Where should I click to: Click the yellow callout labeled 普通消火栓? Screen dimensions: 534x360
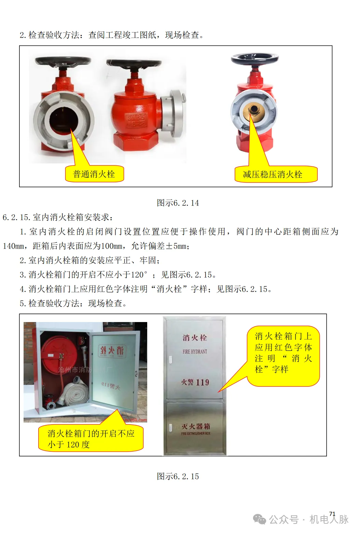[94, 174]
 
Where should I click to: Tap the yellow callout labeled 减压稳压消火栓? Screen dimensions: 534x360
[276, 174]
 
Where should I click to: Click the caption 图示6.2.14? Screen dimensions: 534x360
[178, 203]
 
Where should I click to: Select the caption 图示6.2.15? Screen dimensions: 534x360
[178, 476]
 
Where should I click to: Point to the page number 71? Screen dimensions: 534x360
[332, 514]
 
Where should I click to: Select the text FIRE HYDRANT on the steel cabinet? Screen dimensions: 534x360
[195, 351]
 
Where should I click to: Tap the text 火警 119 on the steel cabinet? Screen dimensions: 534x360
[195, 382]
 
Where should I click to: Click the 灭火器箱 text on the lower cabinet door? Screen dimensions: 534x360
[196, 426]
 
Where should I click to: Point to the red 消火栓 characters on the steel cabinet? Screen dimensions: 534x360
[195, 338]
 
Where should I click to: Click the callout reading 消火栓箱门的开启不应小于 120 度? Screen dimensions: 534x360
[91, 439]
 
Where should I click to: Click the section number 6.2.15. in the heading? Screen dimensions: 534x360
[17, 217]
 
